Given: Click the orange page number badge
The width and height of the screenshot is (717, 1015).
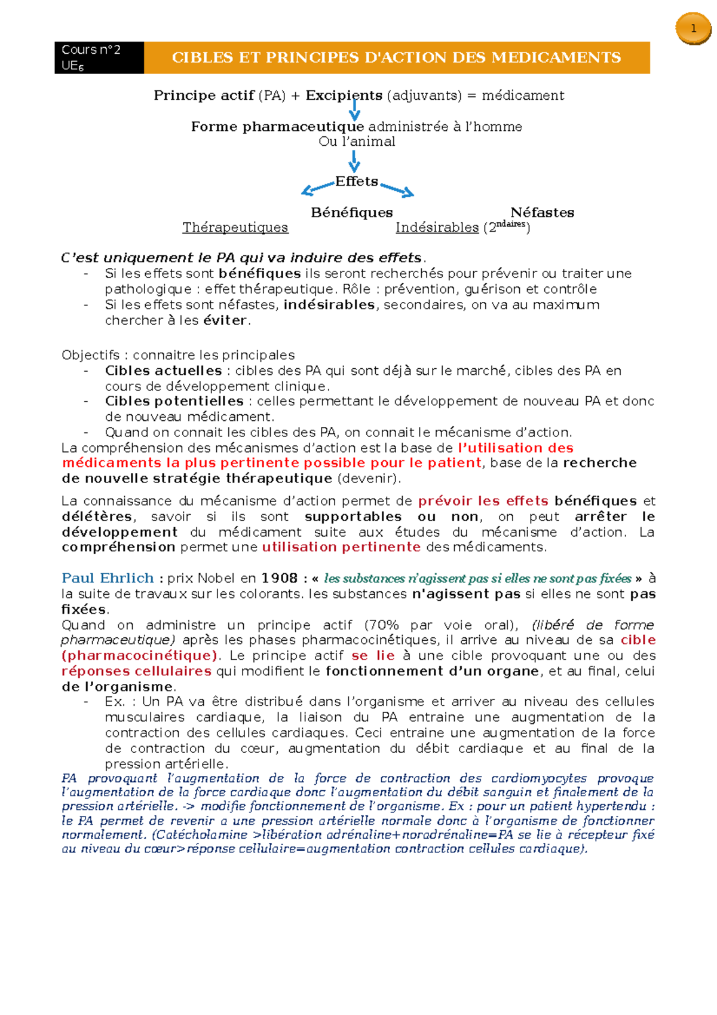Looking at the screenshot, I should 693,29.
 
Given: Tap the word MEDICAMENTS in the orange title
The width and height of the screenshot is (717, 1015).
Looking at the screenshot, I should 556,57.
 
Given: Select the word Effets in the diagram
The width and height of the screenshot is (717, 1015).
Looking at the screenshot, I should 357,181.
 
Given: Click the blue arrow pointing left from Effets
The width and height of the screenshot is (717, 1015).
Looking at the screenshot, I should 317,188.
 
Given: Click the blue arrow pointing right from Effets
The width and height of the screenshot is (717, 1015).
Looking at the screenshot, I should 397,189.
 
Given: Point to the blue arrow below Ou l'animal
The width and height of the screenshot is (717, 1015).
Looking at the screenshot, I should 354,161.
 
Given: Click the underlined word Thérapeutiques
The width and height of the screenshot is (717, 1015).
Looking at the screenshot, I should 235,228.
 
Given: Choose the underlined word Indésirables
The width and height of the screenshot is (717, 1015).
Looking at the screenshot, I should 437,228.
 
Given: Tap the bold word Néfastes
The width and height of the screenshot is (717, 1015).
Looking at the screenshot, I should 542,213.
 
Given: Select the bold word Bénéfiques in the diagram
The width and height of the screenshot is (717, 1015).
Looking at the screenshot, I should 351,213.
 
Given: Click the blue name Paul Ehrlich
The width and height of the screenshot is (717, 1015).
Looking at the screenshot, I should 108,578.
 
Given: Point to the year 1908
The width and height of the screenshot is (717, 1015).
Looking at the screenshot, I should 279,578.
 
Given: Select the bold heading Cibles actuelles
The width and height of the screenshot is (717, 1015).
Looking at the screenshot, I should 163,371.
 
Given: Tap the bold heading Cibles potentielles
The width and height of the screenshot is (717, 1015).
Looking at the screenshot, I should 174,401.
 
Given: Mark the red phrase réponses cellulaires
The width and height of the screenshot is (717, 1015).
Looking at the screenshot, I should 136,671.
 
